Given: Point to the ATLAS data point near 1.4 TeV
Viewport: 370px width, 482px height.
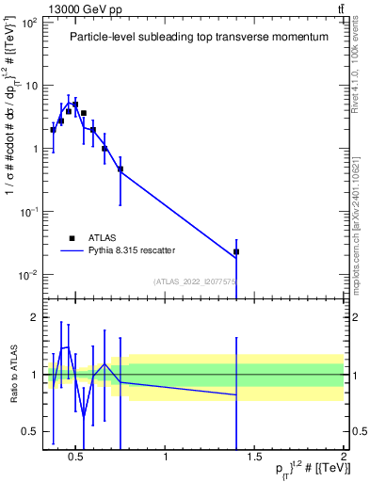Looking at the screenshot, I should tap(236, 251).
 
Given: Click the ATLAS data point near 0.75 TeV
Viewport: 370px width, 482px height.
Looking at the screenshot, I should tap(121, 169).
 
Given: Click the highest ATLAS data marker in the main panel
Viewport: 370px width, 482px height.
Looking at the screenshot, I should tap(75, 104).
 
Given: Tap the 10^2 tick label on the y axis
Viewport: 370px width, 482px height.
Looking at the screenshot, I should tap(28, 22).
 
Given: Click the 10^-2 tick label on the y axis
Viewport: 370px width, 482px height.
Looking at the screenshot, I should tap(28, 275).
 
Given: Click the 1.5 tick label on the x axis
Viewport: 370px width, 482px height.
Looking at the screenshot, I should tap(254, 457).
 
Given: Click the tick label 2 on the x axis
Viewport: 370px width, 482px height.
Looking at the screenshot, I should tap(343, 457).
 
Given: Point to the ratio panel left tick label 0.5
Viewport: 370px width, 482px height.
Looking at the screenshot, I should tap(29, 431).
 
